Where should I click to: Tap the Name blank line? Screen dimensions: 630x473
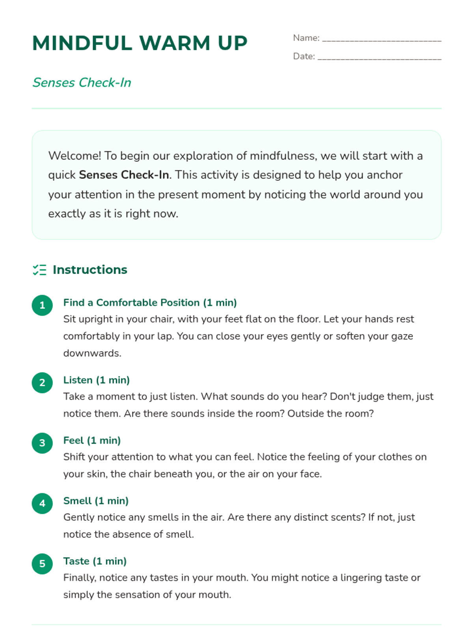click(x=382, y=39)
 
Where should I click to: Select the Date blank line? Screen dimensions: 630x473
click(x=379, y=58)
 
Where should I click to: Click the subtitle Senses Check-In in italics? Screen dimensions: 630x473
click(x=82, y=83)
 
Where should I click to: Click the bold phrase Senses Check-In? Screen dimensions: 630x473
click(x=124, y=175)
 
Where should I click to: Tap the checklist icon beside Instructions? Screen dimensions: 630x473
click(x=39, y=270)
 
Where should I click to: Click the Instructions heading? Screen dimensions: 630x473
click(x=90, y=270)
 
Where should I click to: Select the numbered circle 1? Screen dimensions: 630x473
click(x=42, y=306)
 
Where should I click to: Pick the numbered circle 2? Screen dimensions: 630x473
click(x=42, y=383)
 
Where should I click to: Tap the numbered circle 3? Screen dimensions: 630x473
click(x=42, y=443)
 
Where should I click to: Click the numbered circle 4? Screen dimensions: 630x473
click(x=42, y=504)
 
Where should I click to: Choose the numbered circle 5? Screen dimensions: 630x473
click(x=42, y=564)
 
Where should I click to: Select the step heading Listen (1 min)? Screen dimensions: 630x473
click(x=97, y=380)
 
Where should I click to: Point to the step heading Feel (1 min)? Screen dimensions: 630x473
click(x=92, y=440)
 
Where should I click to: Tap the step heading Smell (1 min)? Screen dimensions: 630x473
click(x=96, y=501)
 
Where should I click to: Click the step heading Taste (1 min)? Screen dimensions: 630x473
click(x=95, y=561)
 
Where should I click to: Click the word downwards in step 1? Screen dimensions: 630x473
click(x=92, y=353)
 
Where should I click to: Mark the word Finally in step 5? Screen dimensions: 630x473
click(x=79, y=578)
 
